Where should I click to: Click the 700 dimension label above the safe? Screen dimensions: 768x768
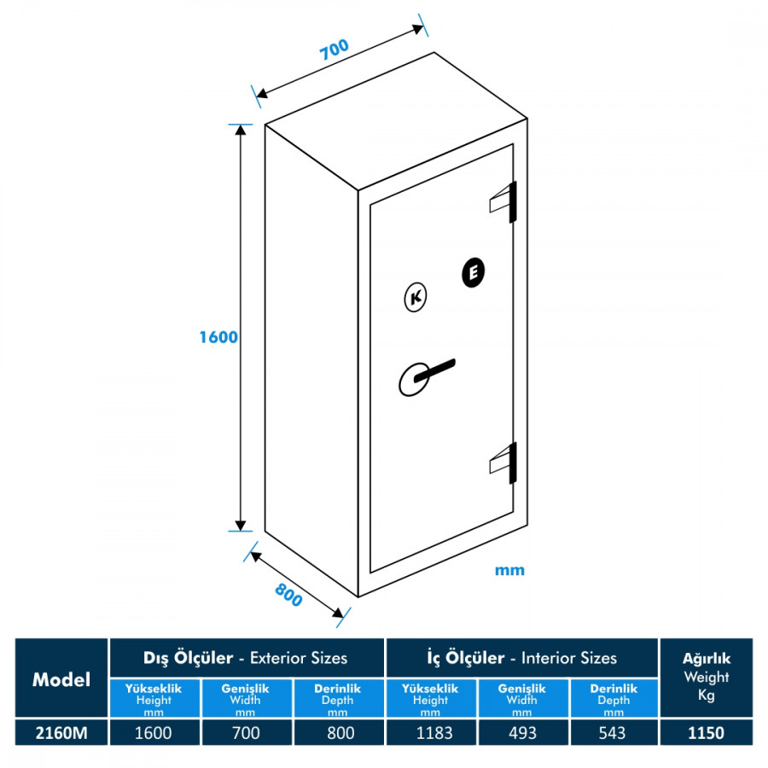coord(335,49)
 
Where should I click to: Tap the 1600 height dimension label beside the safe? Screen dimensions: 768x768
coord(218,337)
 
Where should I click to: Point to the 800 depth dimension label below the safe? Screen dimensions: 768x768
coord(288,595)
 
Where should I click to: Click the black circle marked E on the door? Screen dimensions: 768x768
coord(473,272)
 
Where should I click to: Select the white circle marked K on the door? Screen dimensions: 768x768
coord(416,297)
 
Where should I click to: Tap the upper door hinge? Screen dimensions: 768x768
coord(503,202)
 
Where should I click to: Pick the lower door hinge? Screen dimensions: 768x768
coord(503,463)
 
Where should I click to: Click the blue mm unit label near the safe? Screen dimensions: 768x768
coord(509,570)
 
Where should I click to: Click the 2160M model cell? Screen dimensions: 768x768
coord(61,733)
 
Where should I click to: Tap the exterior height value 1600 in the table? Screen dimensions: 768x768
coord(154,733)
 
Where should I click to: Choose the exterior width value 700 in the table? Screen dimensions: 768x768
coord(246,733)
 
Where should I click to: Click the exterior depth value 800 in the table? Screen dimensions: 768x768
coord(339,733)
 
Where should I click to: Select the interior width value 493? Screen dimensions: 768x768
coord(522,733)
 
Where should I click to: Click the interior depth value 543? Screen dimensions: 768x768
coord(613,733)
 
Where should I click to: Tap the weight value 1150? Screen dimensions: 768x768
coord(707,733)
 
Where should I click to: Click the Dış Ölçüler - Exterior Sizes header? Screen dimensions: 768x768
coord(246,658)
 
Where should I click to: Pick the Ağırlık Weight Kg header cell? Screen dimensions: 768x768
coord(707,678)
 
